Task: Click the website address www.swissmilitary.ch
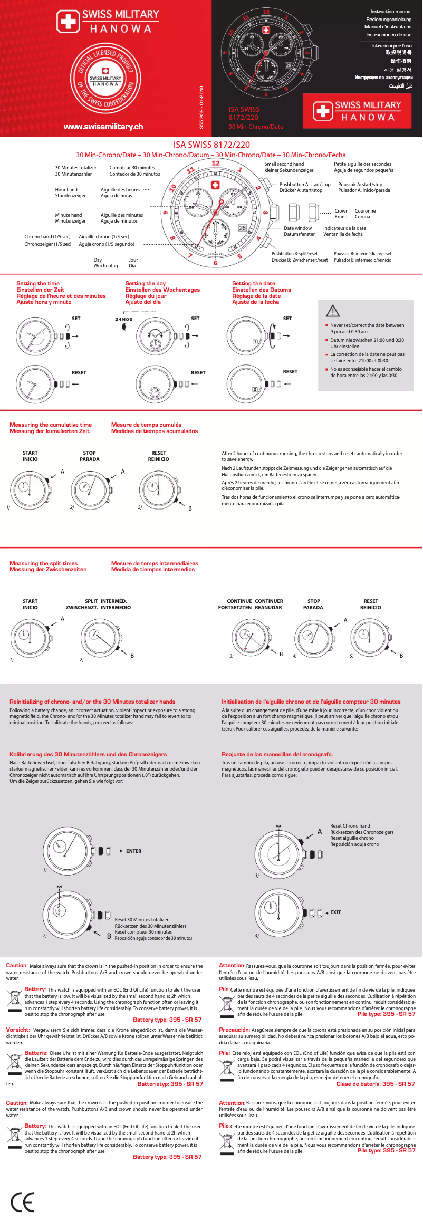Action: coord(103,127)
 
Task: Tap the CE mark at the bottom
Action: coord(23,1202)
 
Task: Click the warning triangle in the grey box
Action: coord(333,311)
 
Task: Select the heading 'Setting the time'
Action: coord(38,284)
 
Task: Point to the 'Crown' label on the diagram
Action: coord(341,211)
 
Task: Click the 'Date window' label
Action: coord(298,228)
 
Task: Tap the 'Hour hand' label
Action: coord(66,190)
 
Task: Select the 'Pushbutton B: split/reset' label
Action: coord(294,254)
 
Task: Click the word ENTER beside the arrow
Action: coord(133,851)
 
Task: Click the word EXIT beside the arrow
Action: coord(335,912)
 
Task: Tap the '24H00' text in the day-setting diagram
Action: coord(124,319)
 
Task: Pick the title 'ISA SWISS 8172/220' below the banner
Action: coord(211,145)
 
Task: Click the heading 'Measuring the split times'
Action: coord(43,563)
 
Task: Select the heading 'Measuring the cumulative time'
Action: coord(51,425)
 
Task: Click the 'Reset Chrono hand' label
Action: coord(350,825)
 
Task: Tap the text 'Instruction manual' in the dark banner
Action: coord(391,12)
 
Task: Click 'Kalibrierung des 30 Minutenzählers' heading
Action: coord(88,754)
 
